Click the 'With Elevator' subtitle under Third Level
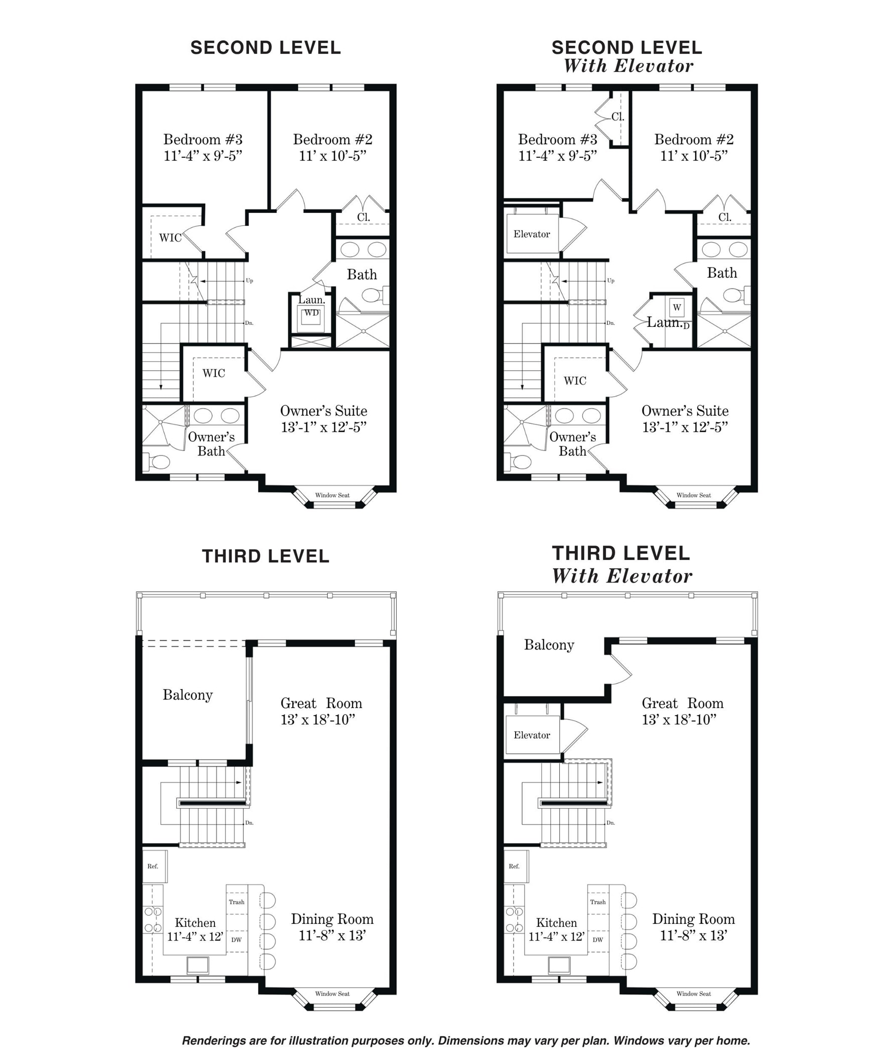[x=622, y=576]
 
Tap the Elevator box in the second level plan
[x=532, y=234]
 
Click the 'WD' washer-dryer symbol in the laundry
[x=311, y=313]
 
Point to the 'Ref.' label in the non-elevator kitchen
[x=153, y=866]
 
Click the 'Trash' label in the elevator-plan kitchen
[x=598, y=902]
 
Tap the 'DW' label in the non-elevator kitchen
[x=236, y=940]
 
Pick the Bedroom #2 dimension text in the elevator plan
[x=694, y=156]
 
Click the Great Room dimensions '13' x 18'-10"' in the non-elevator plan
[x=318, y=720]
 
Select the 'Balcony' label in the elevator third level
[x=549, y=645]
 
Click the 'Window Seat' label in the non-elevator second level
[x=332, y=495]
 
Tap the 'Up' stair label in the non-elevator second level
[x=249, y=281]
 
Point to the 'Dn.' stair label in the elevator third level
[x=610, y=823]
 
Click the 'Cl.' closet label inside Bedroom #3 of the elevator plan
[x=618, y=116]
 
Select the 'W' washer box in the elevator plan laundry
[x=677, y=307]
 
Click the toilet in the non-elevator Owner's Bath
[x=158, y=461]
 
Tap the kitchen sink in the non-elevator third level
[x=198, y=965]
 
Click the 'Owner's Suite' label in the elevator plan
[x=685, y=411]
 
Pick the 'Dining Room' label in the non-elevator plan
[x=332, y=919]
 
